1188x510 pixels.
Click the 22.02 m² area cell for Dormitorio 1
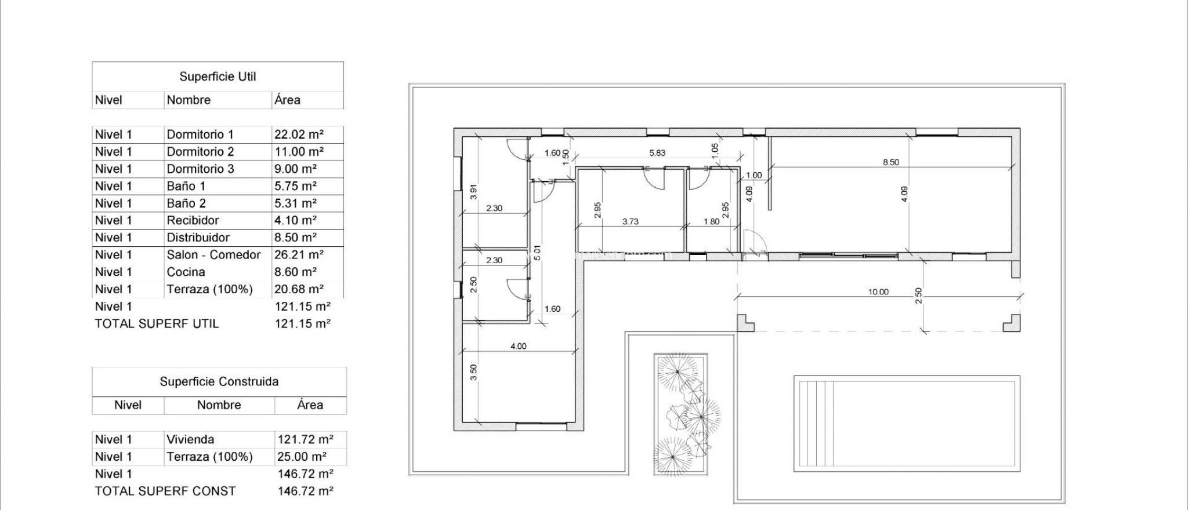(299, 134)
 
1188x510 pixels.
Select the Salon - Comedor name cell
(213, 254)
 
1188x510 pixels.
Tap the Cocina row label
(186, 272)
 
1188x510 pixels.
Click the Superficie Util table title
(218, 76)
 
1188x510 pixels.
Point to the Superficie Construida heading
(219, 381)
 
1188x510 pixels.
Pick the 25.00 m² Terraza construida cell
(302, 457)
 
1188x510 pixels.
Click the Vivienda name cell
(190, 439)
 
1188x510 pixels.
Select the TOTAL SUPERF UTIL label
(157, 323)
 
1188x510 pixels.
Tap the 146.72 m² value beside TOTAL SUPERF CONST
(305, 491)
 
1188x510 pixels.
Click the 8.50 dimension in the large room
(890, 162)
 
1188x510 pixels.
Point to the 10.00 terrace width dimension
(878, 292)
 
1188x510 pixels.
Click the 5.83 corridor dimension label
(657, 153)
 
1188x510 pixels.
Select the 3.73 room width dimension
(630, 221)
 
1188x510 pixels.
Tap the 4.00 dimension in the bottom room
(518, 346)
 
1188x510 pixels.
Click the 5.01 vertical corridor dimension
(537, 253)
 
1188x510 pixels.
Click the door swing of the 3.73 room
(655, 178)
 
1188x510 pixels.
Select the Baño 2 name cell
(186, 203)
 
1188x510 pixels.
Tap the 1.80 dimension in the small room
(711, 221)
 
